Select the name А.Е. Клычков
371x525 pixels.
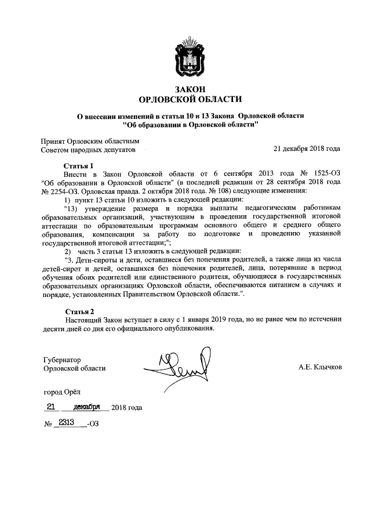(319, 367)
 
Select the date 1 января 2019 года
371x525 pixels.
(208, 319)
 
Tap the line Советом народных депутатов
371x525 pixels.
(88, 149)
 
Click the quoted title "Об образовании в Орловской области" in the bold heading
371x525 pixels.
(190, 124)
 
